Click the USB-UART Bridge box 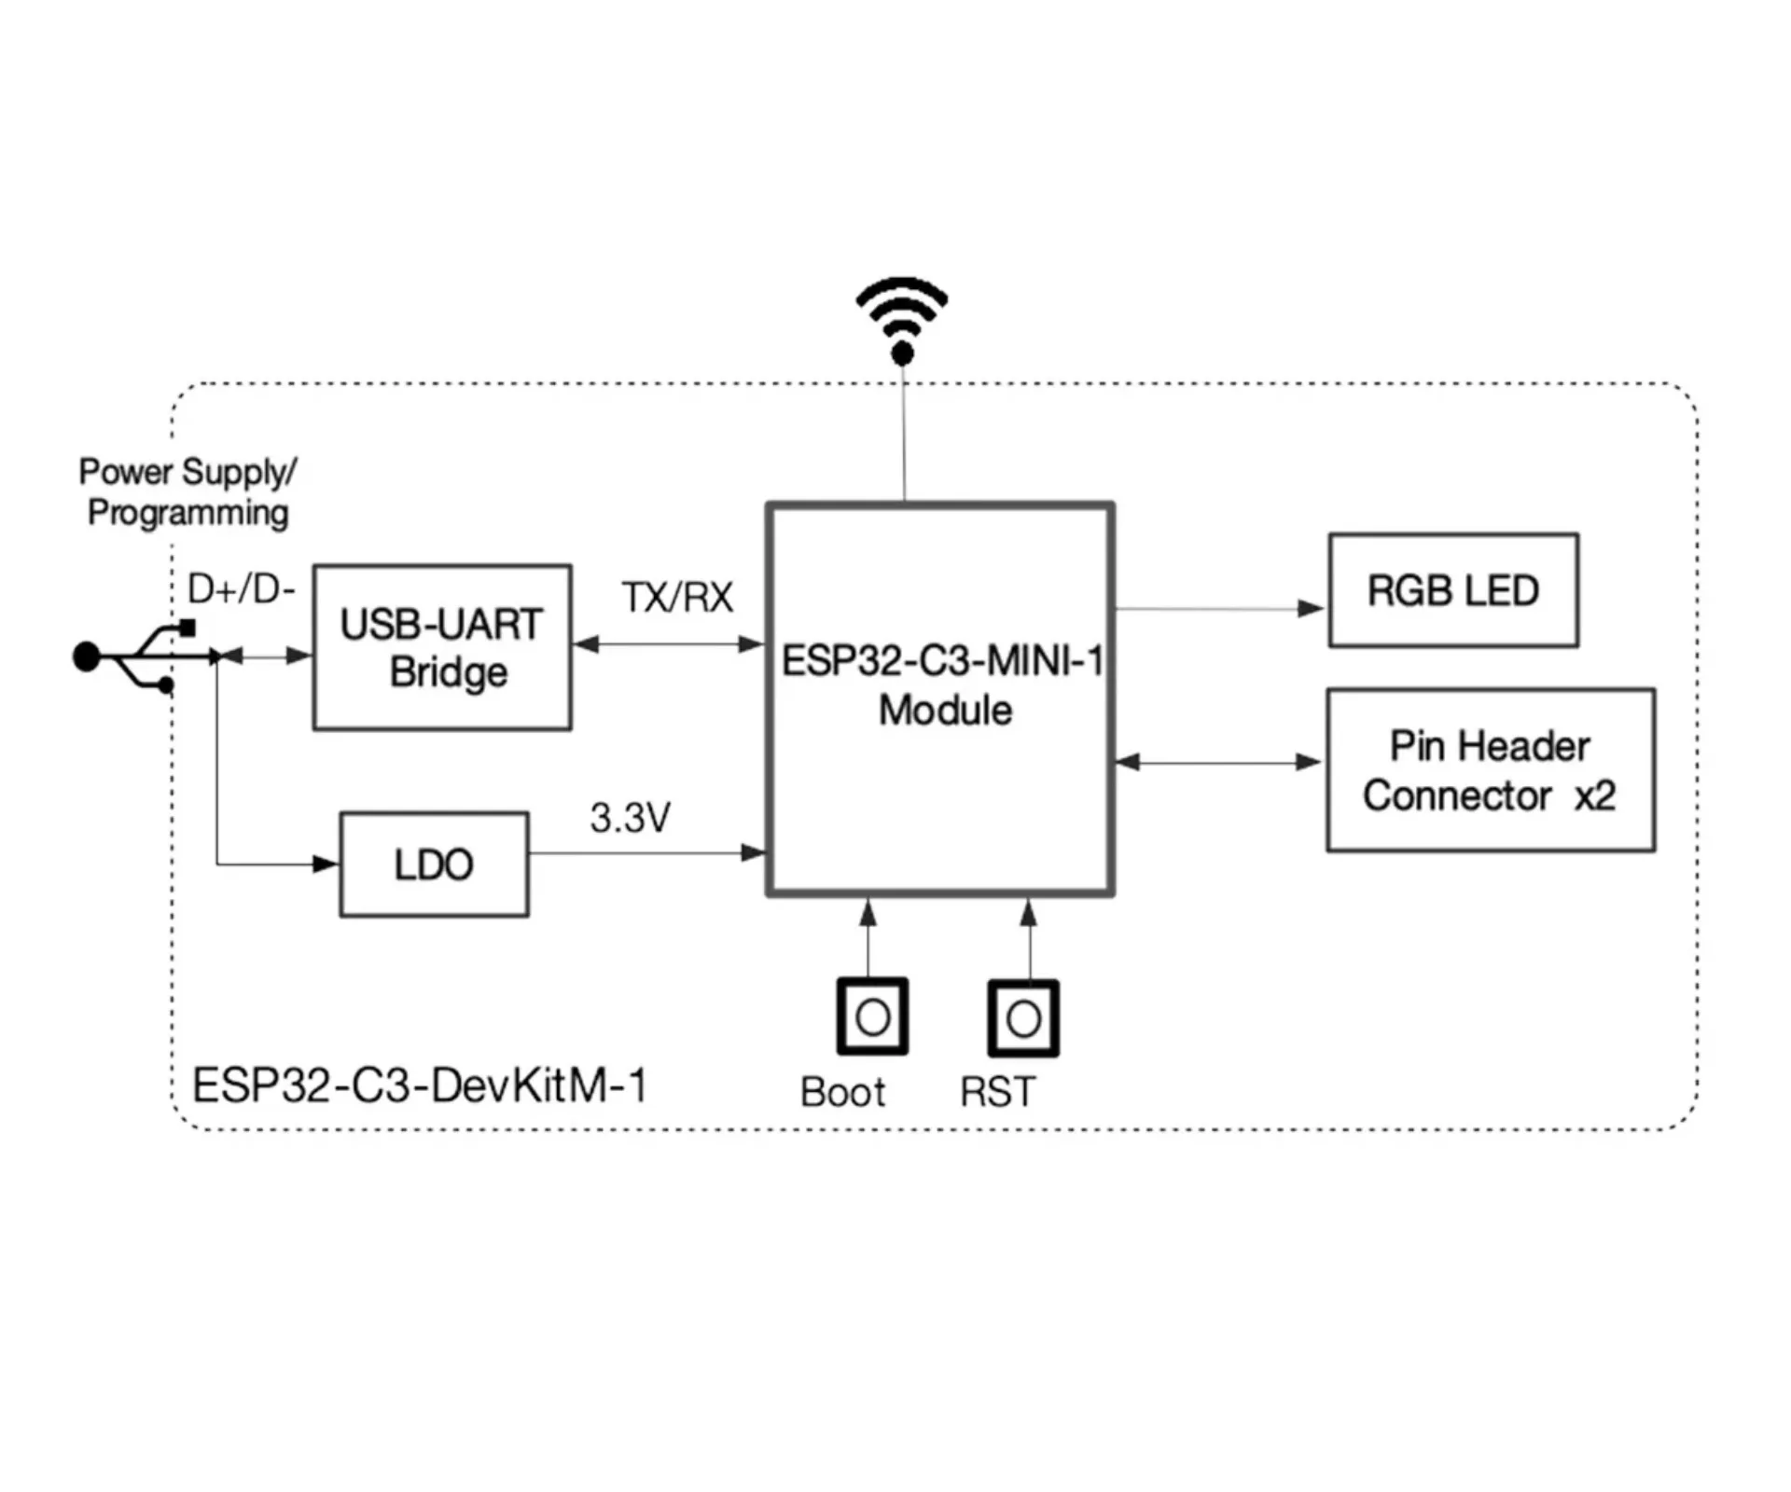pos(441,647)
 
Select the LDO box pos(434,864)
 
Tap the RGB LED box pos(1452,590)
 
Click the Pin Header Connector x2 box pos(1490,770)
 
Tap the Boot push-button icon pos(871,1016)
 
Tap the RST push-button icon pos(1023,1018)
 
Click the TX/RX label pos(677,598)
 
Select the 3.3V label pos(630,818)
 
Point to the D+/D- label pos(241,589)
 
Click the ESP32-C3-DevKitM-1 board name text pos(419,1085)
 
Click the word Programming pos(188,513)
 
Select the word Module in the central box pos(945,711)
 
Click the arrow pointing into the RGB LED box pos(1311,609)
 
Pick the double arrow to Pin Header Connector pos(1219,762)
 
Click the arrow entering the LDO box pos(325,864)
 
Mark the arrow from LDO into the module pos(752,852)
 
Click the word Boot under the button pos(842,1092)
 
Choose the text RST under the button pos(997,1092)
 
